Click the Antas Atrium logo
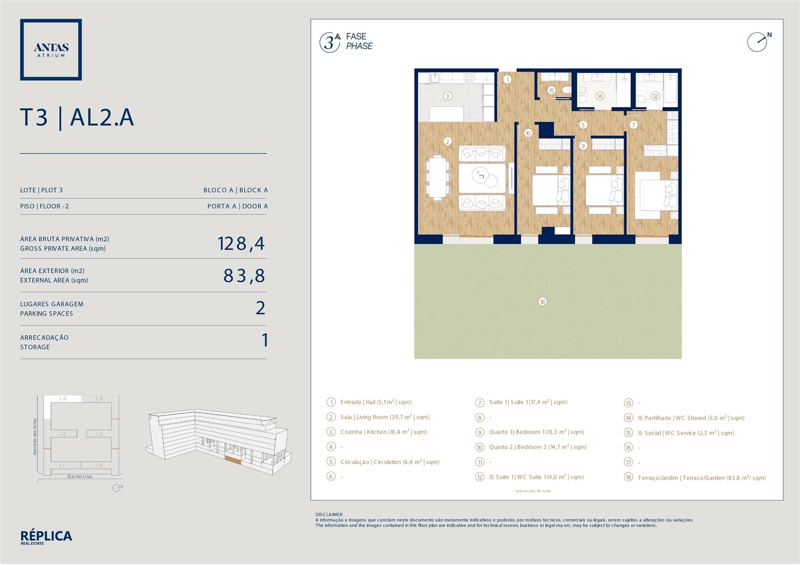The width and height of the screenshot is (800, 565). pos(51,50)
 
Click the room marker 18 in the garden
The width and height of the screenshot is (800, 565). pos(542,301)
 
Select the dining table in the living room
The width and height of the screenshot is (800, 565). pos(437,177)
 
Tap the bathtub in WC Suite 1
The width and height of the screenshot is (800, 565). pos(670,88)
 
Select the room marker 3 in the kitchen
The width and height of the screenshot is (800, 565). pos(447,96)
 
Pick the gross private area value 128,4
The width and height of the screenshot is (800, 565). pos(241,244)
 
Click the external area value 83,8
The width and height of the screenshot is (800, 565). pos(244,276)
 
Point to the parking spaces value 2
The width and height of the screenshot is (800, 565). pos(260,308)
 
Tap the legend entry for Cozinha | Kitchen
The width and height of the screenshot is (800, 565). pos(384,432)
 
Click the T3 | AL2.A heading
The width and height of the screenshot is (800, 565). pos(77,117)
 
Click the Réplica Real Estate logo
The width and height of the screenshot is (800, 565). pos(46,538)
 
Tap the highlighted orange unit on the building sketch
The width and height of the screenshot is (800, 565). pos(232,460)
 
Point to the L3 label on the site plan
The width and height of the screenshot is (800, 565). pos(63,398)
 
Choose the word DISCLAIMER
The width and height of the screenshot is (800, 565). pos(329,515)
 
